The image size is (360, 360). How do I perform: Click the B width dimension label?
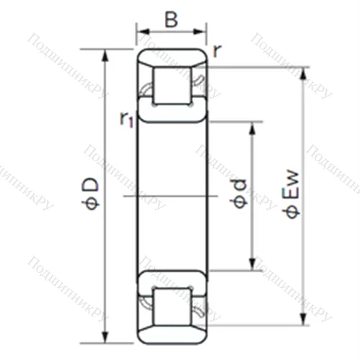pos(171,19)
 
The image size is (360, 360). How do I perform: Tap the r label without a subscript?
pos(217,50)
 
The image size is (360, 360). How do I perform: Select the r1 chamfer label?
pos(127,119)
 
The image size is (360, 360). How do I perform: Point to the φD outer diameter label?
pos(91,194)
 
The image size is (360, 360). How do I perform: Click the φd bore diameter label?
pos(240,194)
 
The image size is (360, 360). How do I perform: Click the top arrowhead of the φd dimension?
pos(253,126)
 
